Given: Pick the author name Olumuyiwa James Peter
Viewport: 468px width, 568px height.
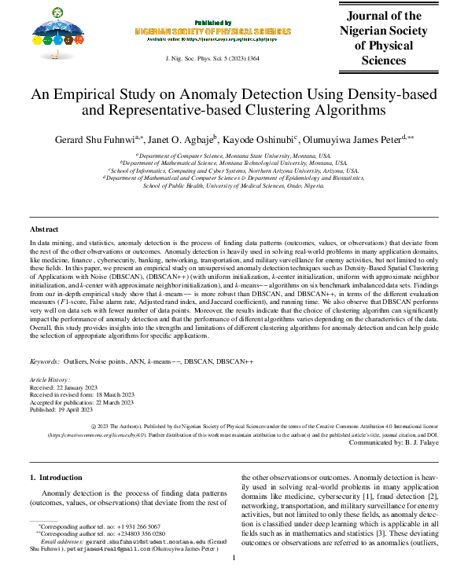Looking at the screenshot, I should tap(352, 138).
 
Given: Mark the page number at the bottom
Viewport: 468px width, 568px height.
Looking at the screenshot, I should tap(234, 558).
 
